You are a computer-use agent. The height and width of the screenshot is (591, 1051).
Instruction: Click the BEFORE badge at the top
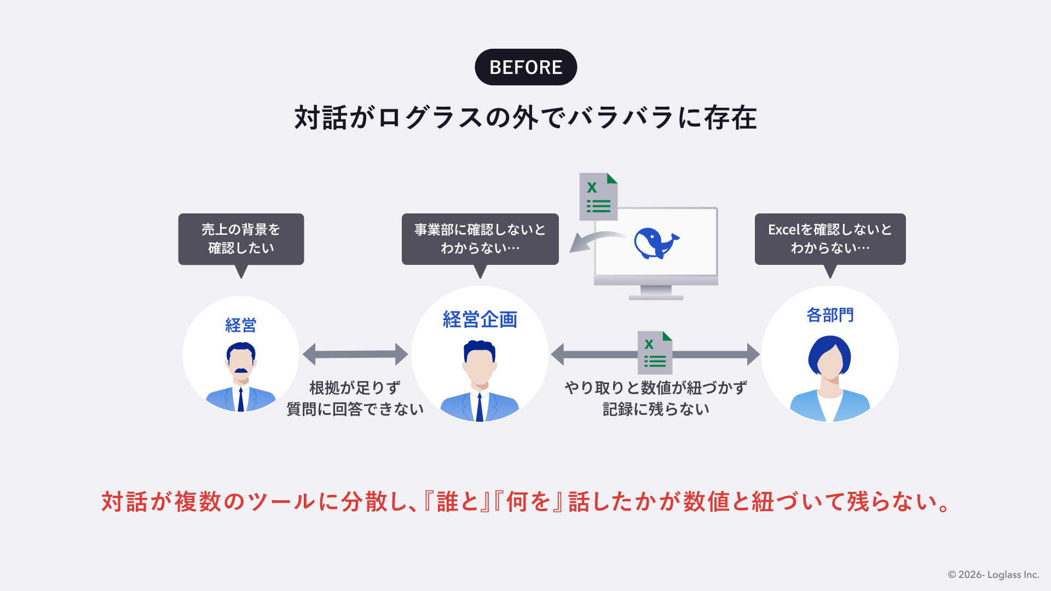(x=525, y=67)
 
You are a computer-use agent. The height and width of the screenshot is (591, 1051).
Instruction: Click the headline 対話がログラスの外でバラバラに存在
(x=525, y=118)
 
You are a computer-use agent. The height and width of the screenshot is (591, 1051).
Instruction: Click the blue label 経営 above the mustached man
(x=241, y=326)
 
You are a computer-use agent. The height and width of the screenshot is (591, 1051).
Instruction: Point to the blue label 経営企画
(x=480, y=320)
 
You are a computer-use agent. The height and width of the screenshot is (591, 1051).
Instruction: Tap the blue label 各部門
(x=830, y=315)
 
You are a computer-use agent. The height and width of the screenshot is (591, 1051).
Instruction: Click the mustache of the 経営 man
(x=241, y=371)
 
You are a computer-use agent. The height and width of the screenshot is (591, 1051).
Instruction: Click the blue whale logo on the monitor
(x=656, y=243)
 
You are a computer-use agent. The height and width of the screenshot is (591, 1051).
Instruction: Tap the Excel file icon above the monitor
(x=598, y=196)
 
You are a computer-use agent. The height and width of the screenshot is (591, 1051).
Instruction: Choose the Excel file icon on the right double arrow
(x=655, y=352)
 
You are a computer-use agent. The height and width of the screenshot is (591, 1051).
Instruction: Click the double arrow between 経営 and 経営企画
(x=355, y=354)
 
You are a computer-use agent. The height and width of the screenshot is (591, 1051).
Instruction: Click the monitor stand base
(x=656, y=297)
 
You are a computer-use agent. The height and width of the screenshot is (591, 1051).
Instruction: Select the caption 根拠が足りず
(x=355, y=387)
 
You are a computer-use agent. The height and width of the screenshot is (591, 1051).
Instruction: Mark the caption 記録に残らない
(x=656, y=409)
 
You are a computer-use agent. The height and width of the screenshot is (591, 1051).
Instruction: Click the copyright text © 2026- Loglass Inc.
(x=994, y=575)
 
